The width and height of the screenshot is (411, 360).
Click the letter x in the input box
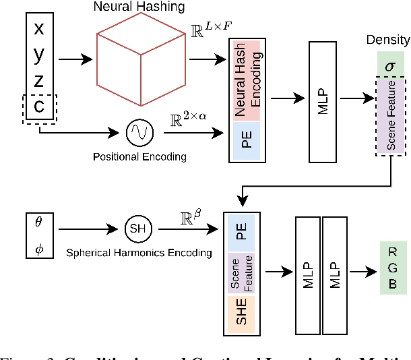[x=39, y=28]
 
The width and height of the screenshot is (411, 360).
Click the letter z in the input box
[x=39, y=81]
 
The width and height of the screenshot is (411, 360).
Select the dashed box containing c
[x=39, y=107]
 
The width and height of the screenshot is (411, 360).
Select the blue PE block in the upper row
[x=245, y=139]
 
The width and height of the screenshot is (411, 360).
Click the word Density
[x=387, y=40]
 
